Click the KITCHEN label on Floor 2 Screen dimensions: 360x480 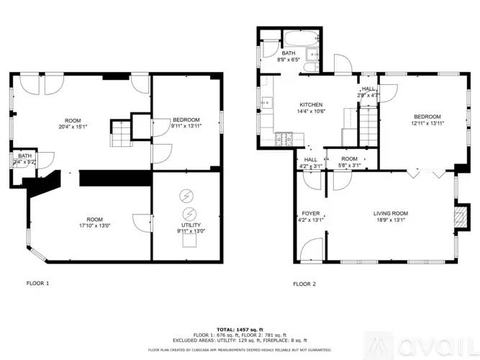coord(311,104)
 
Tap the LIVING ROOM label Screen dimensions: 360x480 coord(390,214)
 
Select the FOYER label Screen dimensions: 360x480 coord(310,214)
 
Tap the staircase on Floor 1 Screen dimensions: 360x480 coord(121,132)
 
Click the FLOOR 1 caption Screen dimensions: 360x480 coord(37,284)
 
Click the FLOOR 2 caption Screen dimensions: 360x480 coord(304,284)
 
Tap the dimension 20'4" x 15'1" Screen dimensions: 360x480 coord(73,127)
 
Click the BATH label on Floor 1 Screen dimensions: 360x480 coord(24,156)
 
